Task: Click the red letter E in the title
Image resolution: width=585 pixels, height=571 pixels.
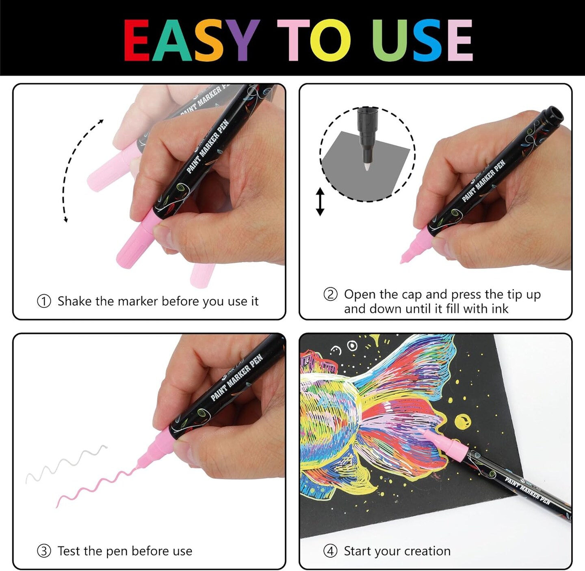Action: pyautogui.click(x=137, y=40)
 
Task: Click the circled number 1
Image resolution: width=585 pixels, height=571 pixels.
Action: pyautogui.click(x=44, y=301)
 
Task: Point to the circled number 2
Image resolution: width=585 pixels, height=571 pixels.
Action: pyautogui.click(x=330, y=294)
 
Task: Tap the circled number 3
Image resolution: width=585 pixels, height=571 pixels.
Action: pyautogui.click(x=44, y=551)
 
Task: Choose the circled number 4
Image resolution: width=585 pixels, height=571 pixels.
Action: pyautogui.click(x=330, y=551)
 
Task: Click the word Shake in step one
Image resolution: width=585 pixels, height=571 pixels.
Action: pyautogui.click(x=75, y=301)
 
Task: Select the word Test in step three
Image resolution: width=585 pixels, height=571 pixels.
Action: pyautogui.click(x=69, y=551)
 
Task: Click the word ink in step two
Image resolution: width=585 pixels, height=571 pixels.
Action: pyautogui.click(x=500, y=309)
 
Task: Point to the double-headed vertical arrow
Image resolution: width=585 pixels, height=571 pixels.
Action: pyautogui.click(x=320, y=202)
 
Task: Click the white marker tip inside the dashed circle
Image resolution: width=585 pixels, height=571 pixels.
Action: pyautogui.click(x=367, y=166)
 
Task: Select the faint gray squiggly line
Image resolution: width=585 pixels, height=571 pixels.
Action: pyautogui.click(x=66, y=464)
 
